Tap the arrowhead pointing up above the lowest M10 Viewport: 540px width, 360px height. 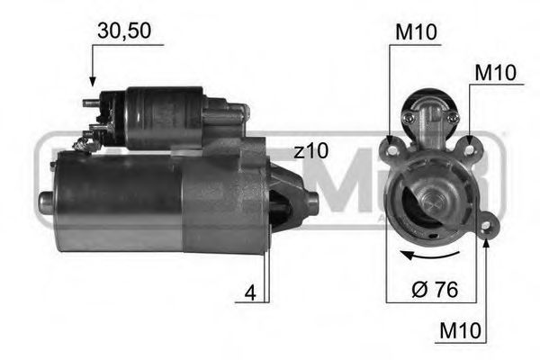tap(487, 241)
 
